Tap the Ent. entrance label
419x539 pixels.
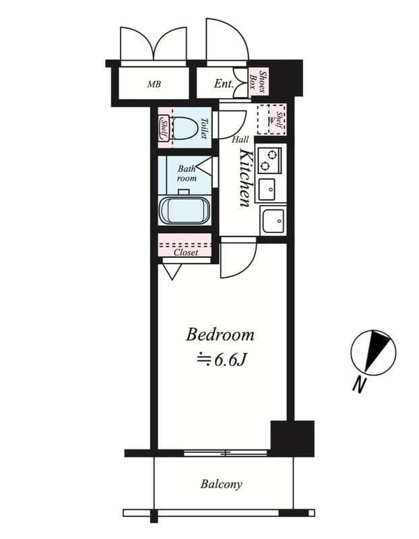click(224, 84)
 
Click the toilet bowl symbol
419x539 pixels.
click(183, 127)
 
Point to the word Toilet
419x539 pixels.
click(204, 128)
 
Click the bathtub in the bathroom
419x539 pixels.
click(184, 210)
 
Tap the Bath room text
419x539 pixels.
click(187, 174)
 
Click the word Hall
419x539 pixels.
click(240, 139)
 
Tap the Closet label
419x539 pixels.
click(185, 253)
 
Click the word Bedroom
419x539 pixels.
click(220, 334)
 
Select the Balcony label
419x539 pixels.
click(221, 484)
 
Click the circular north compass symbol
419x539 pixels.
click(373, 352)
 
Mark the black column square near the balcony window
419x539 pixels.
click(292, 438)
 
